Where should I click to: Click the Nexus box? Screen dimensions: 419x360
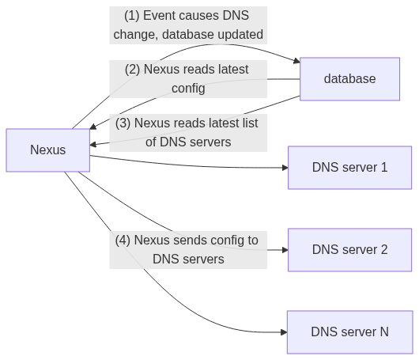point(48,150)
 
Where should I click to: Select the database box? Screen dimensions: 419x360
point(349,79)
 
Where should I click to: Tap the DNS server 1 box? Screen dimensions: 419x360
point(349,168)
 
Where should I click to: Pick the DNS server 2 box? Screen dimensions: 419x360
point(349,250)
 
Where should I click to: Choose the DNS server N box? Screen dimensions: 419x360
point(349,332)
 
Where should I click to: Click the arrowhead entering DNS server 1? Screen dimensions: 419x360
point(285,168)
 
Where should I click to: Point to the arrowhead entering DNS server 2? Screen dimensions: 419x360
point(285,250)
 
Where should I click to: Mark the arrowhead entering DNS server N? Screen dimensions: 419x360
point(284,332)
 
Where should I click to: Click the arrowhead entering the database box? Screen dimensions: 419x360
point(296,61)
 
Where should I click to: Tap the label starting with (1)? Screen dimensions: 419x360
point(188,25)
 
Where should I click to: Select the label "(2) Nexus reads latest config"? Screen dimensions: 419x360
point(188,79)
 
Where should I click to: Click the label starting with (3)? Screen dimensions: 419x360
point(188,133)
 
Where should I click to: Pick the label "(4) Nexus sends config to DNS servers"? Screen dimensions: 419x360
point(188,250)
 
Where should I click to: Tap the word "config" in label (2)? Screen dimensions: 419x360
point(188,89)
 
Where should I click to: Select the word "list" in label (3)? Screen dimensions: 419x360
point(251,123)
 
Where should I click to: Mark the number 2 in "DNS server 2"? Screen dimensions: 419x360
point(384,250)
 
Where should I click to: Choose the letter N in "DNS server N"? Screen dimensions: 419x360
point(384,332)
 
